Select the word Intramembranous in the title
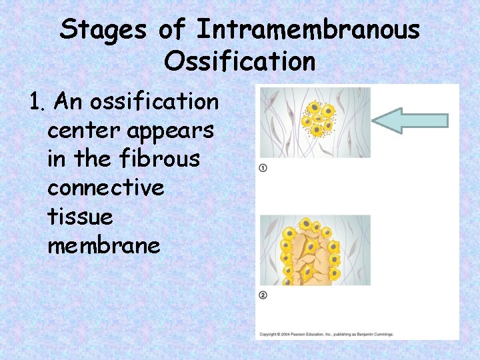[308, 30]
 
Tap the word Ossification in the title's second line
[239, 61]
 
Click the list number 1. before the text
[37, 103]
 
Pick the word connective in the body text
[105, 188]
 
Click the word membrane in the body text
[103, 245]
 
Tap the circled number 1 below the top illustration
[263, 168]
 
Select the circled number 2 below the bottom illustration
[263, 295]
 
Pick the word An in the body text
[67, 102]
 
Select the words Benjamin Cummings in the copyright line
[373, 334]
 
